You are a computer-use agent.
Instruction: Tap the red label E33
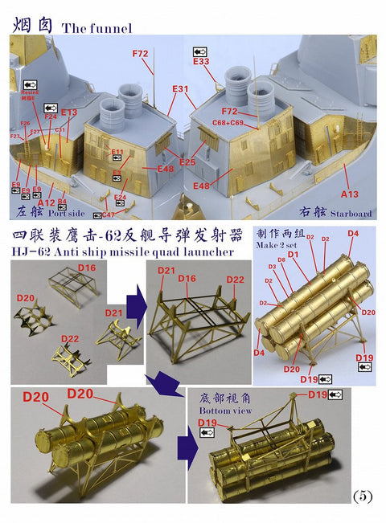pyautogui.click(x=201, y=60)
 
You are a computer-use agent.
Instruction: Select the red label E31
pyautogui.click(x=180, y=88)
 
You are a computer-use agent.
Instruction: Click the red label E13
pyautogui.click(x=69, y=112)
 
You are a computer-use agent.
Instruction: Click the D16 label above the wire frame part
pyautogui.click(x=87, y=267)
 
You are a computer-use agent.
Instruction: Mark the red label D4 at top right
pyautogui.click(x=352, y=234)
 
